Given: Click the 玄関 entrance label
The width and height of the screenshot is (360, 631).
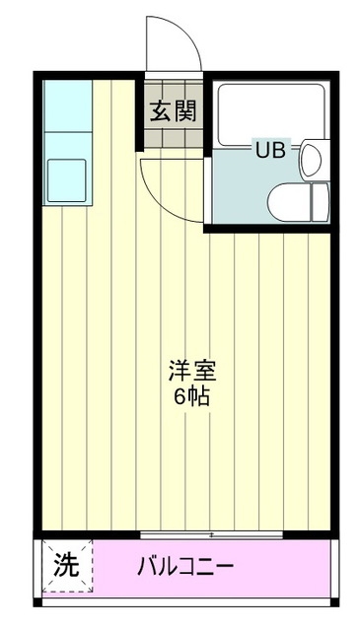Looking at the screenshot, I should (x=173, y=110).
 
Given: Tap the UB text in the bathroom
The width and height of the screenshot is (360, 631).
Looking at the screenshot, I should (x=269, y=151).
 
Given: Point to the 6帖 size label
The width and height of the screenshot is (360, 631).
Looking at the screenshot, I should (x=191, y=399).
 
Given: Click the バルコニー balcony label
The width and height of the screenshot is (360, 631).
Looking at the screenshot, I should (x=185, y=567).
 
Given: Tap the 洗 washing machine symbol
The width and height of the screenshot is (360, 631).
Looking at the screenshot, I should (x=65, y=567).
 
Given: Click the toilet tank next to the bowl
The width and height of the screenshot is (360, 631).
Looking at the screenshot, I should (x=321, y=201).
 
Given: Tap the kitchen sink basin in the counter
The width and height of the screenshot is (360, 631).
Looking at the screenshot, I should (x=67, y=177).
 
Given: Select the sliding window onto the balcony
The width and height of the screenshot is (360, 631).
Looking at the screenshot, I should (x=211, y=535).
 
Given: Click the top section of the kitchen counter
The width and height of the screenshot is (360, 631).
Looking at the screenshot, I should (x=67, y=104).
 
